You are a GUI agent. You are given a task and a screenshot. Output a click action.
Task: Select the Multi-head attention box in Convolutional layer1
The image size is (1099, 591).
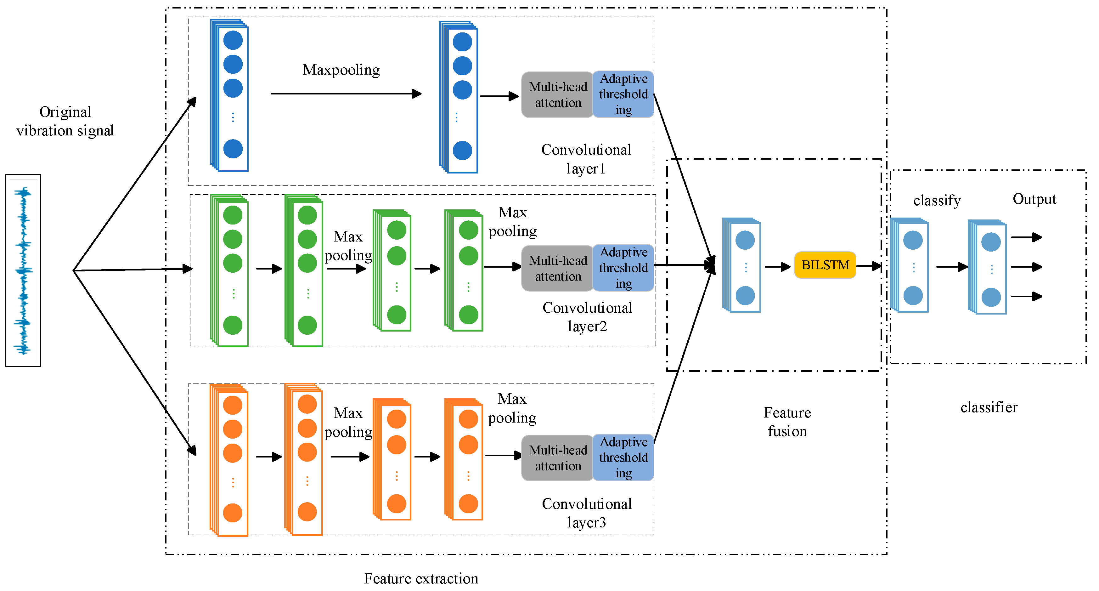tap(557, 95)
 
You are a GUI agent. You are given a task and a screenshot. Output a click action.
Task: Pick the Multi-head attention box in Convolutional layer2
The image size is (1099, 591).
tap(557, 268)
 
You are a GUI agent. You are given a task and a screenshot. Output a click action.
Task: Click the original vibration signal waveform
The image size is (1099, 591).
tap(23, 270)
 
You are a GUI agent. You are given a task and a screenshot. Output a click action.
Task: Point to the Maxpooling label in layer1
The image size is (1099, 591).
tap(341, 70)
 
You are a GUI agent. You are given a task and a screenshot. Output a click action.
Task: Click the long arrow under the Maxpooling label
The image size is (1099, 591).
tap(346, 94)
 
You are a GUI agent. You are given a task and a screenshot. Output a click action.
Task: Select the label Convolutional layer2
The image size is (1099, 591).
tap(587, 317)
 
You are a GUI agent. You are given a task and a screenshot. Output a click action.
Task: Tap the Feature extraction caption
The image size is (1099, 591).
tap(421, 578)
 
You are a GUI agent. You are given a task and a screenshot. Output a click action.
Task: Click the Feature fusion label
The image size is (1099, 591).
tap(787, 422)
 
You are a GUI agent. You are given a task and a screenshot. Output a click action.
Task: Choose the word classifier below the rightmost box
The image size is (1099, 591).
tap(989, 407)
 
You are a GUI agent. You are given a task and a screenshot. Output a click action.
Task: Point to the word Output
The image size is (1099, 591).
tap(1034, 199)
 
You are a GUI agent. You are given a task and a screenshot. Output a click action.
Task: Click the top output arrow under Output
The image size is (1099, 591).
tap(1026, 237)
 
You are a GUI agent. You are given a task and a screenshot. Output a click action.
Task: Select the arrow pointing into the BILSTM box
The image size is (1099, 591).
tap(777, 267)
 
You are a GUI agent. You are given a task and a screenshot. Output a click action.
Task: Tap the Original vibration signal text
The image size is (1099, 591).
tap(65, 121)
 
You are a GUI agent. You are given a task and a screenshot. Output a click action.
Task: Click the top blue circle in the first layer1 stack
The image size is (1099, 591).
tap(233, 40)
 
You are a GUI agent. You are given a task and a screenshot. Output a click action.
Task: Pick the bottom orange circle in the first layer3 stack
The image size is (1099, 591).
tap(233, 513)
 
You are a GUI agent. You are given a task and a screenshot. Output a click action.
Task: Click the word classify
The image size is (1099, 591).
tap(937, 200)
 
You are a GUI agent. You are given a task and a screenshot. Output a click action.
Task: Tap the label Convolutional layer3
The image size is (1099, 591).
tap(586, 513)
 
